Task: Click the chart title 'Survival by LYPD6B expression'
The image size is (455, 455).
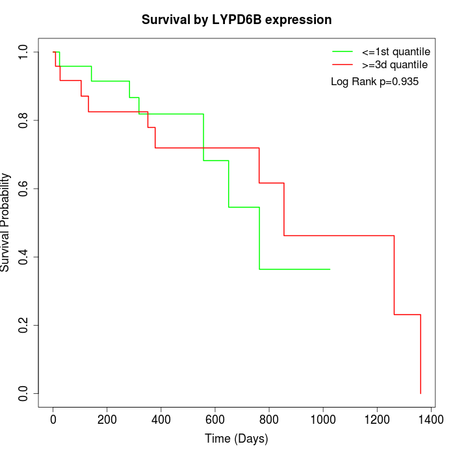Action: (x=237, y=20)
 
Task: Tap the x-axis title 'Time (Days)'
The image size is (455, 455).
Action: (x=237, y=439)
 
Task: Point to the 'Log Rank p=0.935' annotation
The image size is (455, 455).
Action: (x=374, y=82)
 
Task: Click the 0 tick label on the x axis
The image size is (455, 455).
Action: (x=53, y=420)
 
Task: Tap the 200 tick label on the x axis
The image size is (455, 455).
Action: (x=107, y=420)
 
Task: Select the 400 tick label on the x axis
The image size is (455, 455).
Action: (x=161, y=420)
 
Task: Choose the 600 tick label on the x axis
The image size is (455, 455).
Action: (x=215, y=420)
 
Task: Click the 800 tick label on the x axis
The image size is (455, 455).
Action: (x=269, y=420)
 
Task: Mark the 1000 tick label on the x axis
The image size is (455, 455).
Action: (x=323, y=420)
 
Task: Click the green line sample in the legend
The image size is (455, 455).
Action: (x=342, y=51)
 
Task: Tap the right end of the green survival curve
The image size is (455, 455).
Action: (x=330, y=269)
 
